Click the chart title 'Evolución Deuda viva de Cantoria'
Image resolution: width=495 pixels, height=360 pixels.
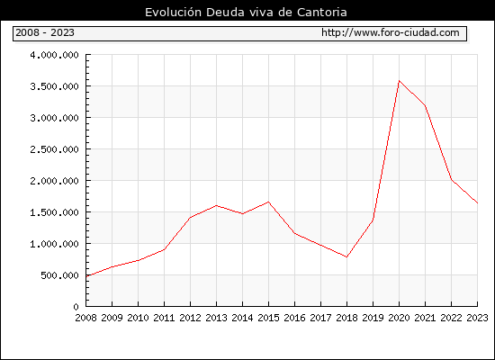tap(246, 13)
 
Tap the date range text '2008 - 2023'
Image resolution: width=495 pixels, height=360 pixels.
tap(45, 32)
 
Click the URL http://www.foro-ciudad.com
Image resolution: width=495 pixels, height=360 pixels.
tap(391, 32)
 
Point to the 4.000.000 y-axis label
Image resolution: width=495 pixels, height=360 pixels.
tap(54, 55)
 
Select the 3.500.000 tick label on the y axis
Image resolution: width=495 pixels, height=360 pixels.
tap(54, 86)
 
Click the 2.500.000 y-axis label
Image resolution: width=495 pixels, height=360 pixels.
tap(54, 149)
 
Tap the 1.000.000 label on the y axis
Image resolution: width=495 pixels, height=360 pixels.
tap(54, 244)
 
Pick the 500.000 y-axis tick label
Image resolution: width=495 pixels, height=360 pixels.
tap(59, 275)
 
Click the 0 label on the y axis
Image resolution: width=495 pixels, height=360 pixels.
tap(76, 307)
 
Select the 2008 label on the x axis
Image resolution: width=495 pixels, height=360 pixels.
tap(85, 318)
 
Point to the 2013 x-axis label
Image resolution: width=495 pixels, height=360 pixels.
tap(216, 318)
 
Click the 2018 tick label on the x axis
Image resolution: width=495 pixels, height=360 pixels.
tap(346, 318)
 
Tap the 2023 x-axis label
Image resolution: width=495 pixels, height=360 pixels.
tap(477, 318)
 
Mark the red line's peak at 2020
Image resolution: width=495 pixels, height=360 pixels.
tap(399, 81)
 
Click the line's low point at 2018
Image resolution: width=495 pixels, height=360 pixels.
tap(346, 257)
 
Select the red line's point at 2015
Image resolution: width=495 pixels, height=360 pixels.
tap(269, 202)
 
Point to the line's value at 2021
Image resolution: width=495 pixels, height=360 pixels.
tap(425, 105)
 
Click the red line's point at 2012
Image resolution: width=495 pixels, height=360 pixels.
tap(191, 217)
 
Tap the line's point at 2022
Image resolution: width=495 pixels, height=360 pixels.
tap(452, 180)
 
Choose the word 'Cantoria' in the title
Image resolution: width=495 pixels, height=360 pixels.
tap(322, 13)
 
